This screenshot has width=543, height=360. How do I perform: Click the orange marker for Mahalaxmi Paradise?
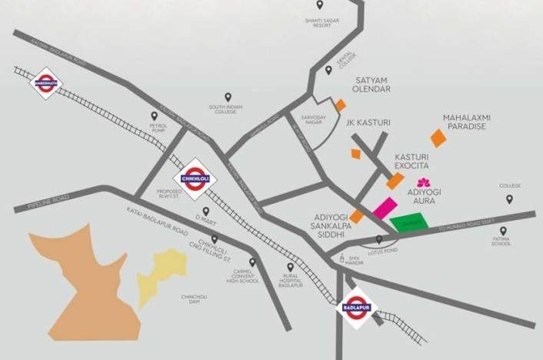[x=438, y=138]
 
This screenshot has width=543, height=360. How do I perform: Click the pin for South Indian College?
[x=228, y=95]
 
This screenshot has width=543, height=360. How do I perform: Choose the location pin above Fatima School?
[x=503, y=231]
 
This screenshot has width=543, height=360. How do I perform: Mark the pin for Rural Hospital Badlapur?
[x=289, y=268]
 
